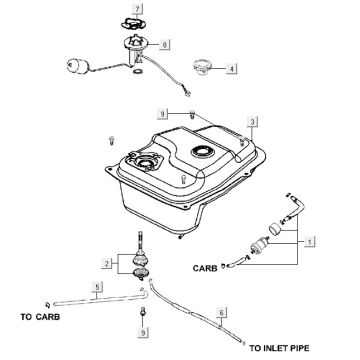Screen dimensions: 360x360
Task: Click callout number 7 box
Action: point(137,9)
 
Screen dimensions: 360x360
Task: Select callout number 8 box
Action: point(164,44)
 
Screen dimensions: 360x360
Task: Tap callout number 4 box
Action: point(232,69)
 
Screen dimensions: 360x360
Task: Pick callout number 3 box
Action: point(252,122)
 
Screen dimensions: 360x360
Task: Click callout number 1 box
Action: point(310,241)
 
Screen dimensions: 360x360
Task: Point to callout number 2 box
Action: point(107,263)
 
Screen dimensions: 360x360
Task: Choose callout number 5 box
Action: point(97,287)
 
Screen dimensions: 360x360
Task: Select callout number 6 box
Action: point(222,313)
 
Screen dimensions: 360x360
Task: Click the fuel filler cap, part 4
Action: point(202,67)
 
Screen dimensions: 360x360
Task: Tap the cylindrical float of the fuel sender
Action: point(77,65)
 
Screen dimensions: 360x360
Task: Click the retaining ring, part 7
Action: point(135,24)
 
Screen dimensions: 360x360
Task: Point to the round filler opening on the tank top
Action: point(202,152)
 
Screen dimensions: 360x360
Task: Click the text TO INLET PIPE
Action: point(279,348)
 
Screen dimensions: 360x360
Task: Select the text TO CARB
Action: point(40,317)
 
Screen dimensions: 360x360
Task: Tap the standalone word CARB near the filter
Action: point(205,268)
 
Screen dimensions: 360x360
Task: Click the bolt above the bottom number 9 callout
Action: point(143,311)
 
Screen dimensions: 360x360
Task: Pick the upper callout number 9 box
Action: point(163,114)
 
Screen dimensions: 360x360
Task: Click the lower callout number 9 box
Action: point(143,332)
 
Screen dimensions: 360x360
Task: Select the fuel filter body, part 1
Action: point(260,246)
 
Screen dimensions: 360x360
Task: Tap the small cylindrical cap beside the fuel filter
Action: point(276,230)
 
